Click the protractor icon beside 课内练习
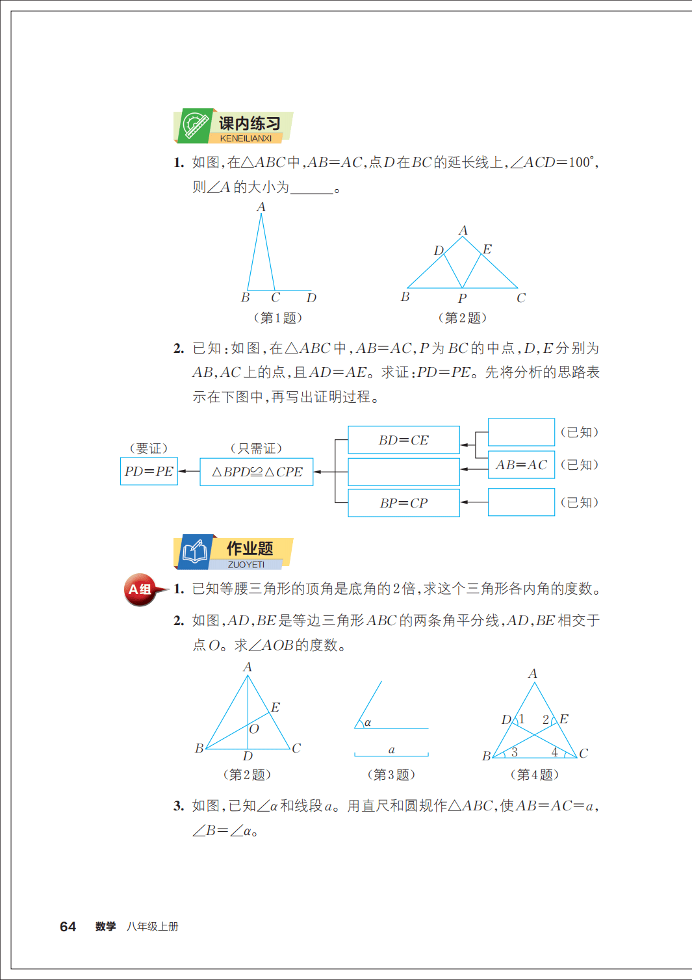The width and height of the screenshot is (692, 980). [x=195, y=124]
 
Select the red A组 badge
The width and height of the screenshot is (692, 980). [x=140, y=589]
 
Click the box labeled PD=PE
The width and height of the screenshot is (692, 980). [x=149, y=471]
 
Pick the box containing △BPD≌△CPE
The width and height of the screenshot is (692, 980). [x=257, y=472]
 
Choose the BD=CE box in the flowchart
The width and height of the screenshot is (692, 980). [x=404, y=440]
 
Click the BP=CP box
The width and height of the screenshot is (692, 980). [x=404, y=503]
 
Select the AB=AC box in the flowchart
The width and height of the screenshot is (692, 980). [x=521, y=465]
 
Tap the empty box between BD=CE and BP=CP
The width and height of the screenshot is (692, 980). [x=404, y=472]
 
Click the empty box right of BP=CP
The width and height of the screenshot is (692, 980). [x=521, y=502]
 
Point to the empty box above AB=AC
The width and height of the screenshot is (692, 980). [x=521, y=432]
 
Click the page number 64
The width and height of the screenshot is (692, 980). [x=68, y=927]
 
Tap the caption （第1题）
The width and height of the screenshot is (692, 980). [x=277, y=318]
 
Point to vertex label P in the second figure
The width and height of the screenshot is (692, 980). [x=462, y=298]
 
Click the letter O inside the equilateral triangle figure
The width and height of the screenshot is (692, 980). [x=254, y=729]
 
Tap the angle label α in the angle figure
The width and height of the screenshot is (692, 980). [x=368, y=722]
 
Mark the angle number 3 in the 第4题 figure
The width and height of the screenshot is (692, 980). [x=514, y=752]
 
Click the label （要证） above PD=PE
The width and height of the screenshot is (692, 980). [x=149, y=448]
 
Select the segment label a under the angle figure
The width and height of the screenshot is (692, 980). [x=391, y=750]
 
